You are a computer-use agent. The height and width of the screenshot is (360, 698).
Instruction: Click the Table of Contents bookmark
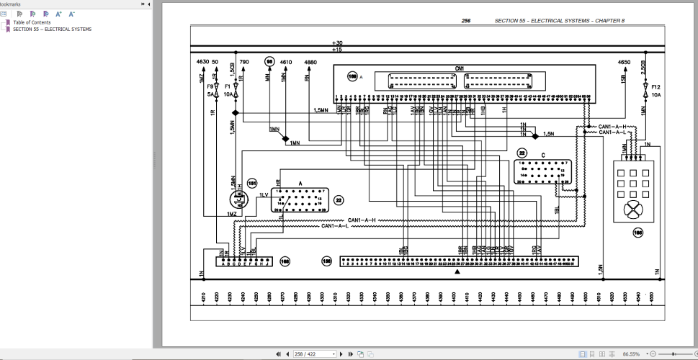(x=32, y=22)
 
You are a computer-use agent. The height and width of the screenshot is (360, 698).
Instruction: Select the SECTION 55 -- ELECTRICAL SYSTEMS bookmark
(x=52, y=30)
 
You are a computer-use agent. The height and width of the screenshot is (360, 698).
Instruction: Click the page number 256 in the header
(x=466, y=21)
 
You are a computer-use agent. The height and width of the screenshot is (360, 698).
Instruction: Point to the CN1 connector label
(x=459, y=69)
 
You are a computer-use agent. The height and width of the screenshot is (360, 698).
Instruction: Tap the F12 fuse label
(x=656, y=86)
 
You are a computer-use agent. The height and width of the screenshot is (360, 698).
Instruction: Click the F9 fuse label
(x=211, y=86)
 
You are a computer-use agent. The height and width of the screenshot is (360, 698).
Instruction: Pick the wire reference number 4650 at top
(x=625, y=63)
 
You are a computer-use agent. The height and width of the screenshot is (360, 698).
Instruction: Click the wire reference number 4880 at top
(x=310, y=63)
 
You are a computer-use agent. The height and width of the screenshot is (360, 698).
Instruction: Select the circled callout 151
(x=252, y=184)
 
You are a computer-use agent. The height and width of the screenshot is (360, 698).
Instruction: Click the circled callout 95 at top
(x=269, y=62)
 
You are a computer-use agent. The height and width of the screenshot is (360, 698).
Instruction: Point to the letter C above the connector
(x=541, y=156)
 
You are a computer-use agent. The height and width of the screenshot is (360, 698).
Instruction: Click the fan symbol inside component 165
(x=633, y=210)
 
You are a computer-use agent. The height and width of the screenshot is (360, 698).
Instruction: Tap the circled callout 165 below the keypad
(x=637, y=232)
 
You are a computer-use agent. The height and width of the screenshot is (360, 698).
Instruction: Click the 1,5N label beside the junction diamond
(x=548, y=134)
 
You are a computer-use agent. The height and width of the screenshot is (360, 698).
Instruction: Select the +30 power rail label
(x=338, y=43)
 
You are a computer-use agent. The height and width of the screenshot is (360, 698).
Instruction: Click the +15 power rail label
(x=338, y=49)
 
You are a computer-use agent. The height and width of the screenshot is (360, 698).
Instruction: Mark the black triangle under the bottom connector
(x=457, y=272)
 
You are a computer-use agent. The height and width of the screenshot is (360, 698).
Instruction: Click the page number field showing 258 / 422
(x=316, y=354)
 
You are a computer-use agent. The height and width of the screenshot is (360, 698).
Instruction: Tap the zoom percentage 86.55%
(x=630, y=354)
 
